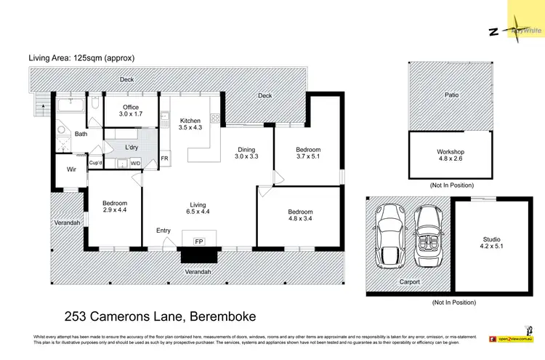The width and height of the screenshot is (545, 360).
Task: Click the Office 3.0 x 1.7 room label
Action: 130,111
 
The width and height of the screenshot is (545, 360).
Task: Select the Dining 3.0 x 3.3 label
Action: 246,153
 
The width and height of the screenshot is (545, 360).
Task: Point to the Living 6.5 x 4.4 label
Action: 199,207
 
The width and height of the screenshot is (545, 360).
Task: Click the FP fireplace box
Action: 198,241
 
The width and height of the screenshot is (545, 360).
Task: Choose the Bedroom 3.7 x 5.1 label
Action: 308,153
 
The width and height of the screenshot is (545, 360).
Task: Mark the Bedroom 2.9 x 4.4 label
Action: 115,207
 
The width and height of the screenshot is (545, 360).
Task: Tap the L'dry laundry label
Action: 132,148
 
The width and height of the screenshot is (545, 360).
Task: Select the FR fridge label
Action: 164,158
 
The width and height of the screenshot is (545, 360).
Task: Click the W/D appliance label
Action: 135,164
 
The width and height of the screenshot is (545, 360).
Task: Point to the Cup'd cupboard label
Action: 95,163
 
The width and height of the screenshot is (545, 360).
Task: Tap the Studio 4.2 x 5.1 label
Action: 492,243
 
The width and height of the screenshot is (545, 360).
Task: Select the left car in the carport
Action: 391,235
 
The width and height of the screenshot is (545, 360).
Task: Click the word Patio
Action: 452,95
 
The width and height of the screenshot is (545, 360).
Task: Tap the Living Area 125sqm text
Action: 81,57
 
